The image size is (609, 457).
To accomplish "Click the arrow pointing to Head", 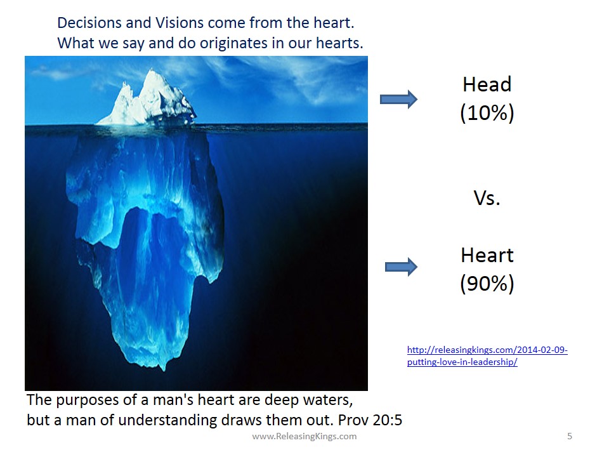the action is (x=398, y=100).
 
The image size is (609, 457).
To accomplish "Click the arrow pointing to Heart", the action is (x=401, y=267).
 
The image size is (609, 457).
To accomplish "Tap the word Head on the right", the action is (x=487, y=84).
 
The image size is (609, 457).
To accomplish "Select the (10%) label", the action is (x=487, y=113).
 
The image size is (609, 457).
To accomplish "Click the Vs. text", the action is (x=487, y=198).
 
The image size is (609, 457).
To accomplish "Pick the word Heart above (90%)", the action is (x=487, y=255).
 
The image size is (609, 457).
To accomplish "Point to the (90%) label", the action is (x=487, y=284).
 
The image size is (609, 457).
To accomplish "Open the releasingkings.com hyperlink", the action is (x=487, y=355).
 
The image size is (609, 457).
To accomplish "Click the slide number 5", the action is (x=570, y=436).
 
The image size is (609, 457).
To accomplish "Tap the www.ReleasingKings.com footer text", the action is (x=304, y=436).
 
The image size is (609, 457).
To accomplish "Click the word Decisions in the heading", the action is (x=90, y=23).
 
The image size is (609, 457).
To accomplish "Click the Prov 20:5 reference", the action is (x=370, y=420).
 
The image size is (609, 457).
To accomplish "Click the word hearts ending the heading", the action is (x=339, y=43).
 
